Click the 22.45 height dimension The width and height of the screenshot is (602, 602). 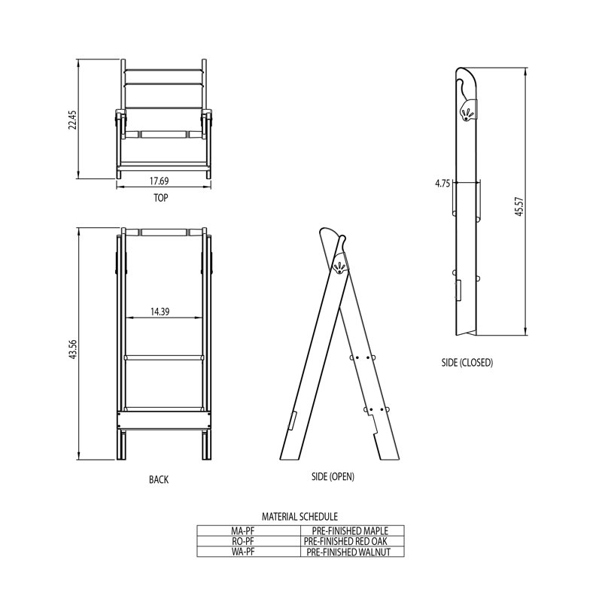tap(73, 120)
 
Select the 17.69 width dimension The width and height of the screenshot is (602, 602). tap(158, 181)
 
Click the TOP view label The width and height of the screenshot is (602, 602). tap(160, 199)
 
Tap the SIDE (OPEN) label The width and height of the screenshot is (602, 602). tap(332, 477)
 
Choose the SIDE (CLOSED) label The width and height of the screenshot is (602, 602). tap(467, 362)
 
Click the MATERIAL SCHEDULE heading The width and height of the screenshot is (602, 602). tap(299, 517)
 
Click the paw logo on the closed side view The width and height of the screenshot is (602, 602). tap(468, 114)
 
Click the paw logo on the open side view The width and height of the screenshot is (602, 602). tap(340, 266)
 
